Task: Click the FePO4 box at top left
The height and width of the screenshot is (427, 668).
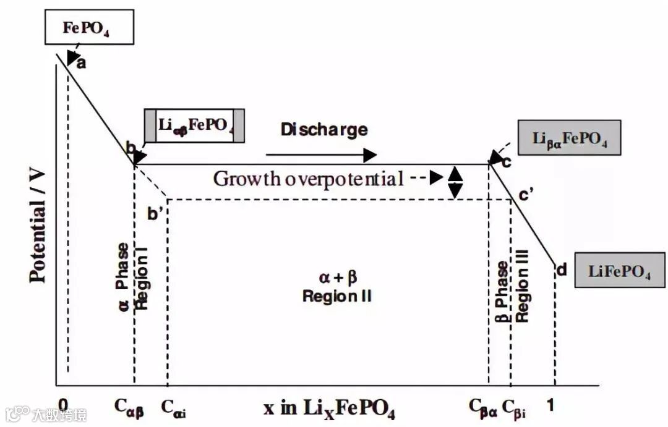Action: tap(88, 28)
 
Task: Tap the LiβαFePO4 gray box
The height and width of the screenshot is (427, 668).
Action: tap(570, 137)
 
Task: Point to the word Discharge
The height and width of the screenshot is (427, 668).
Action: tap(323, 129)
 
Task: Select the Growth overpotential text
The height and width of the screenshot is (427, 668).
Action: tap(308, 179)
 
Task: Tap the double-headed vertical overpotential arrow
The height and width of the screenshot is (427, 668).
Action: tap(455, 182)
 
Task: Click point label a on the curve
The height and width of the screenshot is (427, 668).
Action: tap(81, 62)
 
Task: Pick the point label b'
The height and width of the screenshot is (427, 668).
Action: tap(154, 214)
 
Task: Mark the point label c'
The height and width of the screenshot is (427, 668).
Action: tap(526, 196)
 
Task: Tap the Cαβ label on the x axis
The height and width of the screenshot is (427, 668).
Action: tap(129, 407)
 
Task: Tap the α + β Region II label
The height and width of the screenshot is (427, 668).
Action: tap(336, 287)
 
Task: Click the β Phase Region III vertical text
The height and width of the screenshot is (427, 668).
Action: tap(512, 292)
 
